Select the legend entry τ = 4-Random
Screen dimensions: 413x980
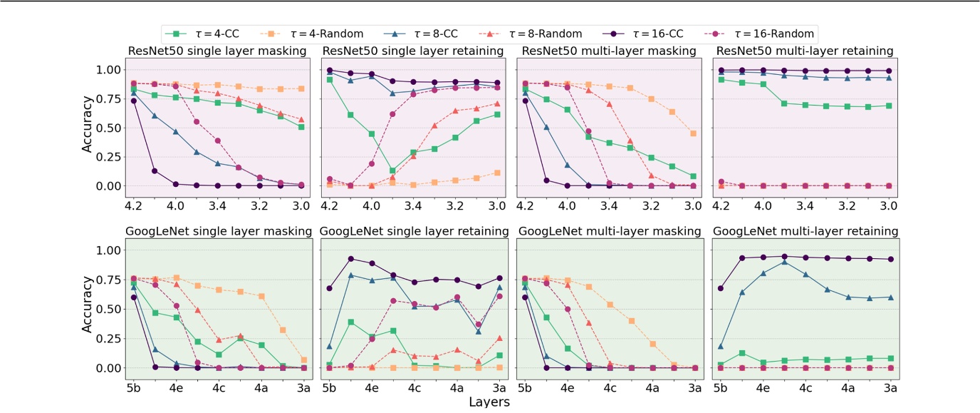(x=327, y=34)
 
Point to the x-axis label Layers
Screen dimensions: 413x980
(x=489, y=402)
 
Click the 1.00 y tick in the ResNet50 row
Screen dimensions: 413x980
(x=108, y=70)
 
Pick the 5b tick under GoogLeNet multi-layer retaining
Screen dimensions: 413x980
(x=720, y=389)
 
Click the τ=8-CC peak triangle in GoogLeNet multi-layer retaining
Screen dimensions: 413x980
(x=784, y=262)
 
